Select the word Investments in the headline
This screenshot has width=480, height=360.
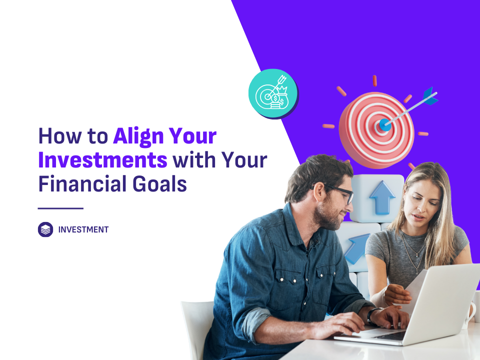pyautogui.click(x=102, y=160)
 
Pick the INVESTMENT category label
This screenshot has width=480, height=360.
pyautogui.click(x=83, y=229)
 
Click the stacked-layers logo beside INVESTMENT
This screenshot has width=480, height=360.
pyautogui.click(x=45, y=229)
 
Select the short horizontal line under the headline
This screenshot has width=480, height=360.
pyautogui.click(x=60, y=208)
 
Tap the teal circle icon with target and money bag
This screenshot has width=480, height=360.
pyautogui.click(x=273, y=93)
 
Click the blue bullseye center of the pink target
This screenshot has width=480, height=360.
pyautogui.click(x=384, y=125)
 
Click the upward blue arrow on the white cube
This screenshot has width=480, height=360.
pyautogui.click(x=382, y=197)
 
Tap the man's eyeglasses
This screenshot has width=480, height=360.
pyautogui.click(x=336, y=192)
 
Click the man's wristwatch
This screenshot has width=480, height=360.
pyautogui.click(x=372, y=316)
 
